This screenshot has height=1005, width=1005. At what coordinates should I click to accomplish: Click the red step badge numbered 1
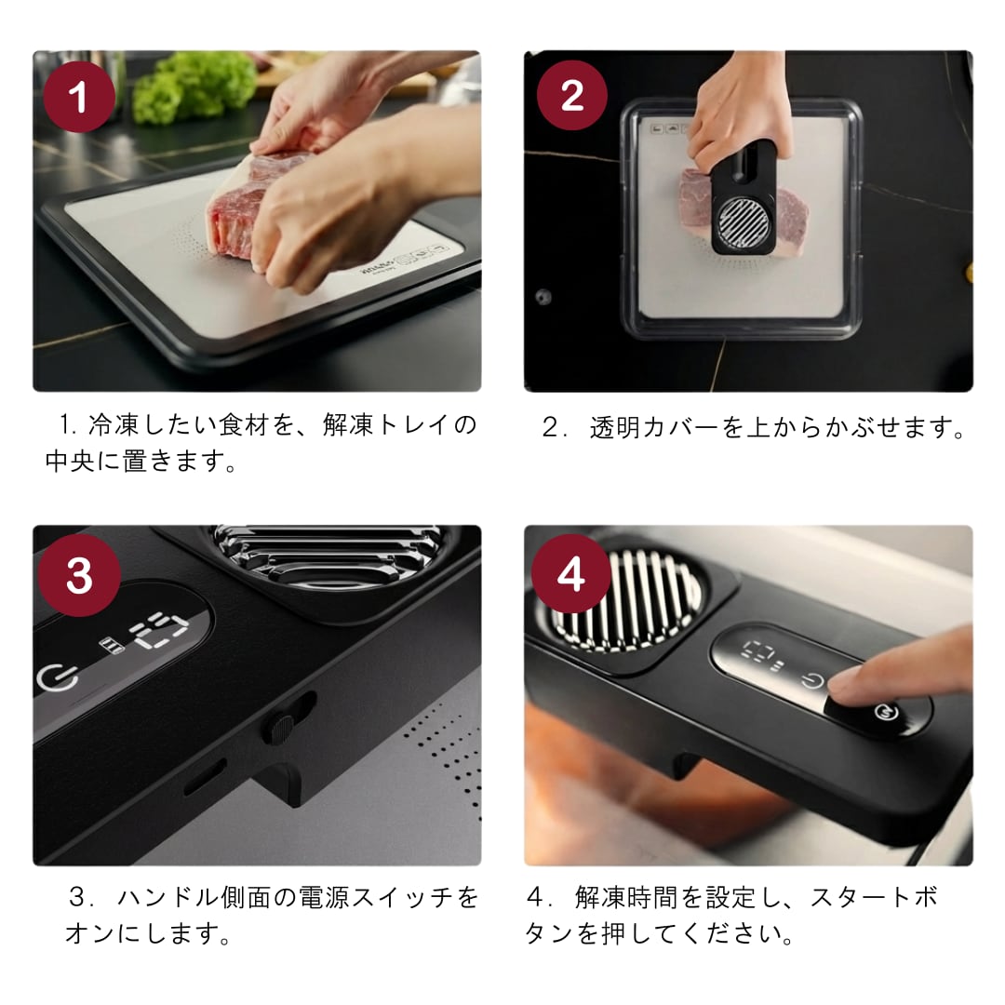coord(79,97)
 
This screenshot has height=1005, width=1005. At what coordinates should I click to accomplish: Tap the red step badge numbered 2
coord(571,96)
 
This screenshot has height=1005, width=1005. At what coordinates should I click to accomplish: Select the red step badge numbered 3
coord(79,575)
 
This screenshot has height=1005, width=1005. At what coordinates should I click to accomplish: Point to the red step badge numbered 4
coord(570,573)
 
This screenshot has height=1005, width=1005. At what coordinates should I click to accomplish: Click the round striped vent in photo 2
coord(744,222)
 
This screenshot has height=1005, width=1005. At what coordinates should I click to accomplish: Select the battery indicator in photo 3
coord(113,645)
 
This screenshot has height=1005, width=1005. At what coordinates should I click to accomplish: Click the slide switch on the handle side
coord(281,726)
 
